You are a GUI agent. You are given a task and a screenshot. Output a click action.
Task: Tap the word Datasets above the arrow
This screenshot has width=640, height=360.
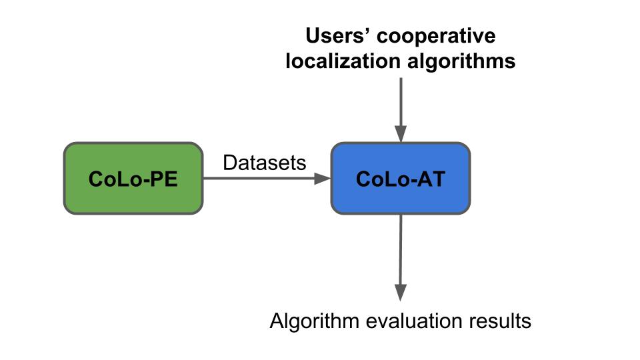click(265, 163)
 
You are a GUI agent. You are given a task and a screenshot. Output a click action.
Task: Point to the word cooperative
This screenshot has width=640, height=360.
click(441, 35)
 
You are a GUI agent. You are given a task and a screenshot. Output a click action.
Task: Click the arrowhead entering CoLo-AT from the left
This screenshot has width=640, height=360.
click(324, 179)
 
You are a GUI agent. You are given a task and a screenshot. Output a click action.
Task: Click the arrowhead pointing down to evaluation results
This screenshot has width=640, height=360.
click(400, 292)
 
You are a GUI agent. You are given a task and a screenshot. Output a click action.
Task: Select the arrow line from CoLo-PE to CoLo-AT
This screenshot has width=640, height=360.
click(260, 179)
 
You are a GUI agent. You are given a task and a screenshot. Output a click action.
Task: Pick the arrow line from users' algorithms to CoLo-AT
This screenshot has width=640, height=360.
click(400, 103)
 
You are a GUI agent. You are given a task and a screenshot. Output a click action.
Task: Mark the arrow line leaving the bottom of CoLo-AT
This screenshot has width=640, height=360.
click(400, 250)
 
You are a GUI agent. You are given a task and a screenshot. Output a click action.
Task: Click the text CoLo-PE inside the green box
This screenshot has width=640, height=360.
click(133, 179)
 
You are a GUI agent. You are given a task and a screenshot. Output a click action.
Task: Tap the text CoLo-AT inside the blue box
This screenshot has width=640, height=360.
click(400, 179)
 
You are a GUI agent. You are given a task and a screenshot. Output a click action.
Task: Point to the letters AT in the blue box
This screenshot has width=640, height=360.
click(431, 179)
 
